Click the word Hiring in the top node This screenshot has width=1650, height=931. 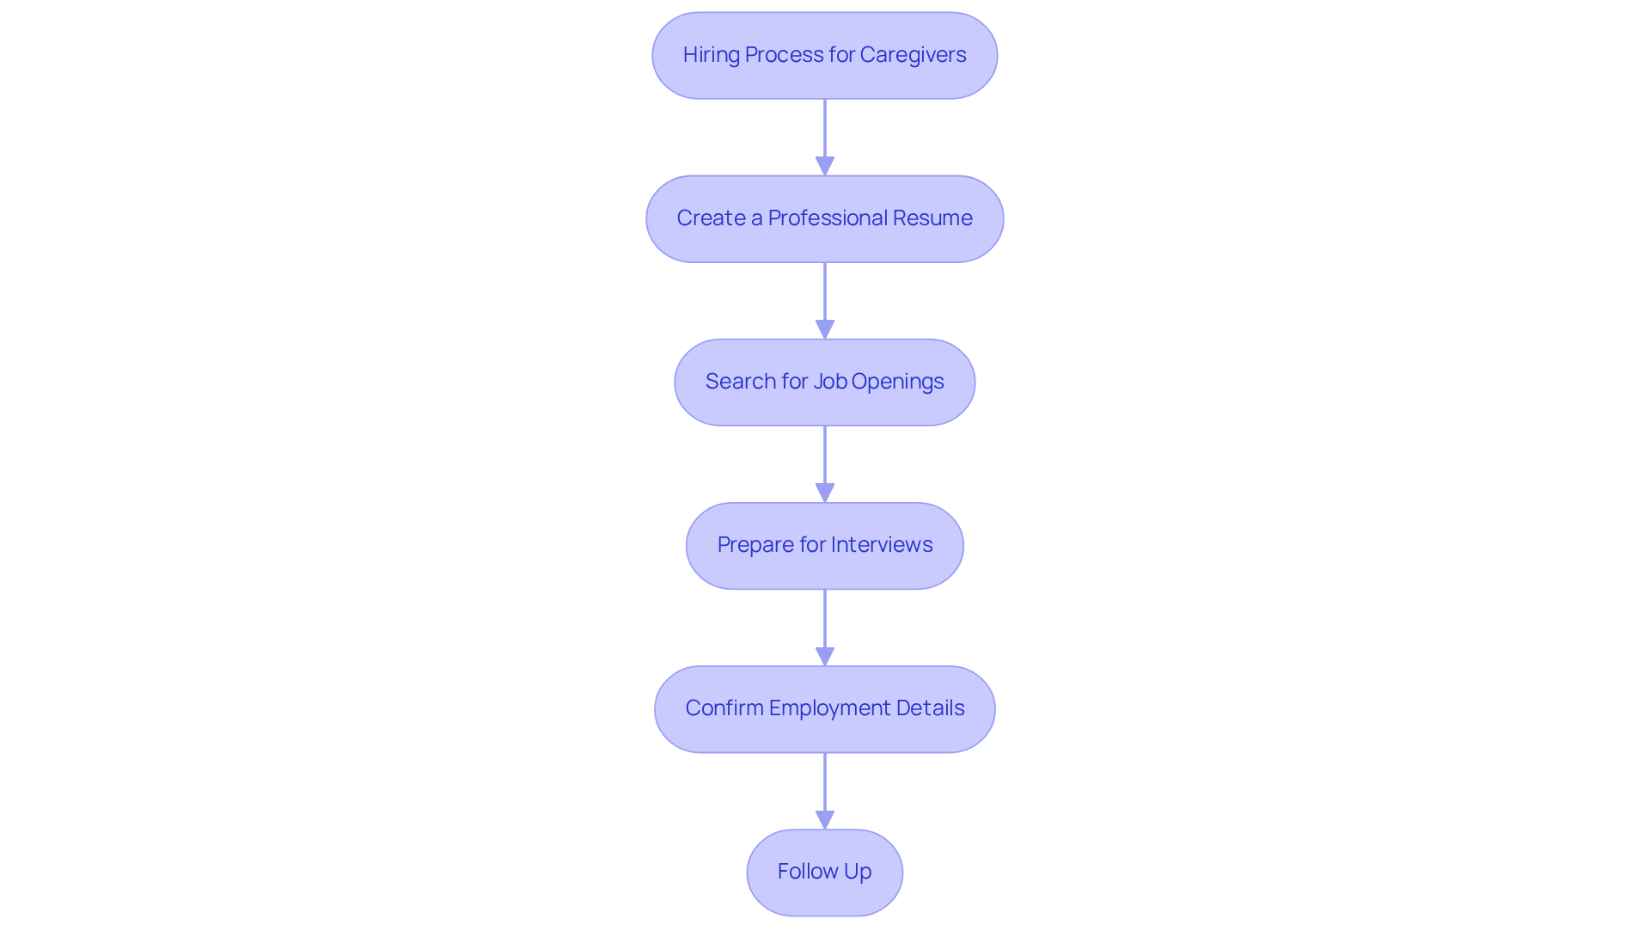tap(711, 55)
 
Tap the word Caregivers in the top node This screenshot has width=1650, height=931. tap(913, 55)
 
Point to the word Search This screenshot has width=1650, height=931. tap(740, 382)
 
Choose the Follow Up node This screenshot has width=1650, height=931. tap(824, 872)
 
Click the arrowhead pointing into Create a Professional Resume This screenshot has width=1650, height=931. tap(825, 166)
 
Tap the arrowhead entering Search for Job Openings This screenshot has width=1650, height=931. tap(825, 329)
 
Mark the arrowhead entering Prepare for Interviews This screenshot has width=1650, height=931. tap(825, 493)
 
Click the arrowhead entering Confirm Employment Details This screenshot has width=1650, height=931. tap(825, 656)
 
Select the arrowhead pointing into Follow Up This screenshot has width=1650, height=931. tap(825, 819)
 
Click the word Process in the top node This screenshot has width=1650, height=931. tap(783, 55)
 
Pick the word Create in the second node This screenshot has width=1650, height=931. tap(711, 218)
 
